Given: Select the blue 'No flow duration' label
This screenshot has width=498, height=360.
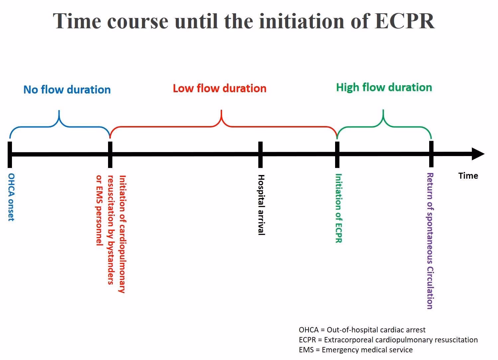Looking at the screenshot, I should pos(67,90).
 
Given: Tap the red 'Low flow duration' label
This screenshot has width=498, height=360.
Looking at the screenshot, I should pos(219,88).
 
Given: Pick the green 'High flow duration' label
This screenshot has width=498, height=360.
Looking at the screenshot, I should pos(384,87).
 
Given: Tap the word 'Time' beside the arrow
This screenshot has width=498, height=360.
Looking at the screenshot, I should pos(468,176).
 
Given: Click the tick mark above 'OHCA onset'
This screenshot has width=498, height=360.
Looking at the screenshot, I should pos(10,154).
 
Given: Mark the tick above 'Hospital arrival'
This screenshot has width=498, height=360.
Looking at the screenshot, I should pos(260,154).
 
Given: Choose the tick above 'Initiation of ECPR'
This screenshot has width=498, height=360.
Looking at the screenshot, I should pos(337,154).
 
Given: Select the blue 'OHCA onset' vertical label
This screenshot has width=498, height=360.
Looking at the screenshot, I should pos(11,197).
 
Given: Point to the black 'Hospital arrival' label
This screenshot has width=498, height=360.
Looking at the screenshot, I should pos(261,205).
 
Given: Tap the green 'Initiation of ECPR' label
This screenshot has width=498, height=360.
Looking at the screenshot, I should pos(338,208).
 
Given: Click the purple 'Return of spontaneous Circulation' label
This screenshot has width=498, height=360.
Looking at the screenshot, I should pos(430,241).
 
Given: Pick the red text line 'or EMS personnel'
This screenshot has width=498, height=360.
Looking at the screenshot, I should pos(99,210).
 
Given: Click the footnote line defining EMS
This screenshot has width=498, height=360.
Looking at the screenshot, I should pos(355,350).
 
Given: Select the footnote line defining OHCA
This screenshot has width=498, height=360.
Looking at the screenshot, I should pos(362,330).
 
